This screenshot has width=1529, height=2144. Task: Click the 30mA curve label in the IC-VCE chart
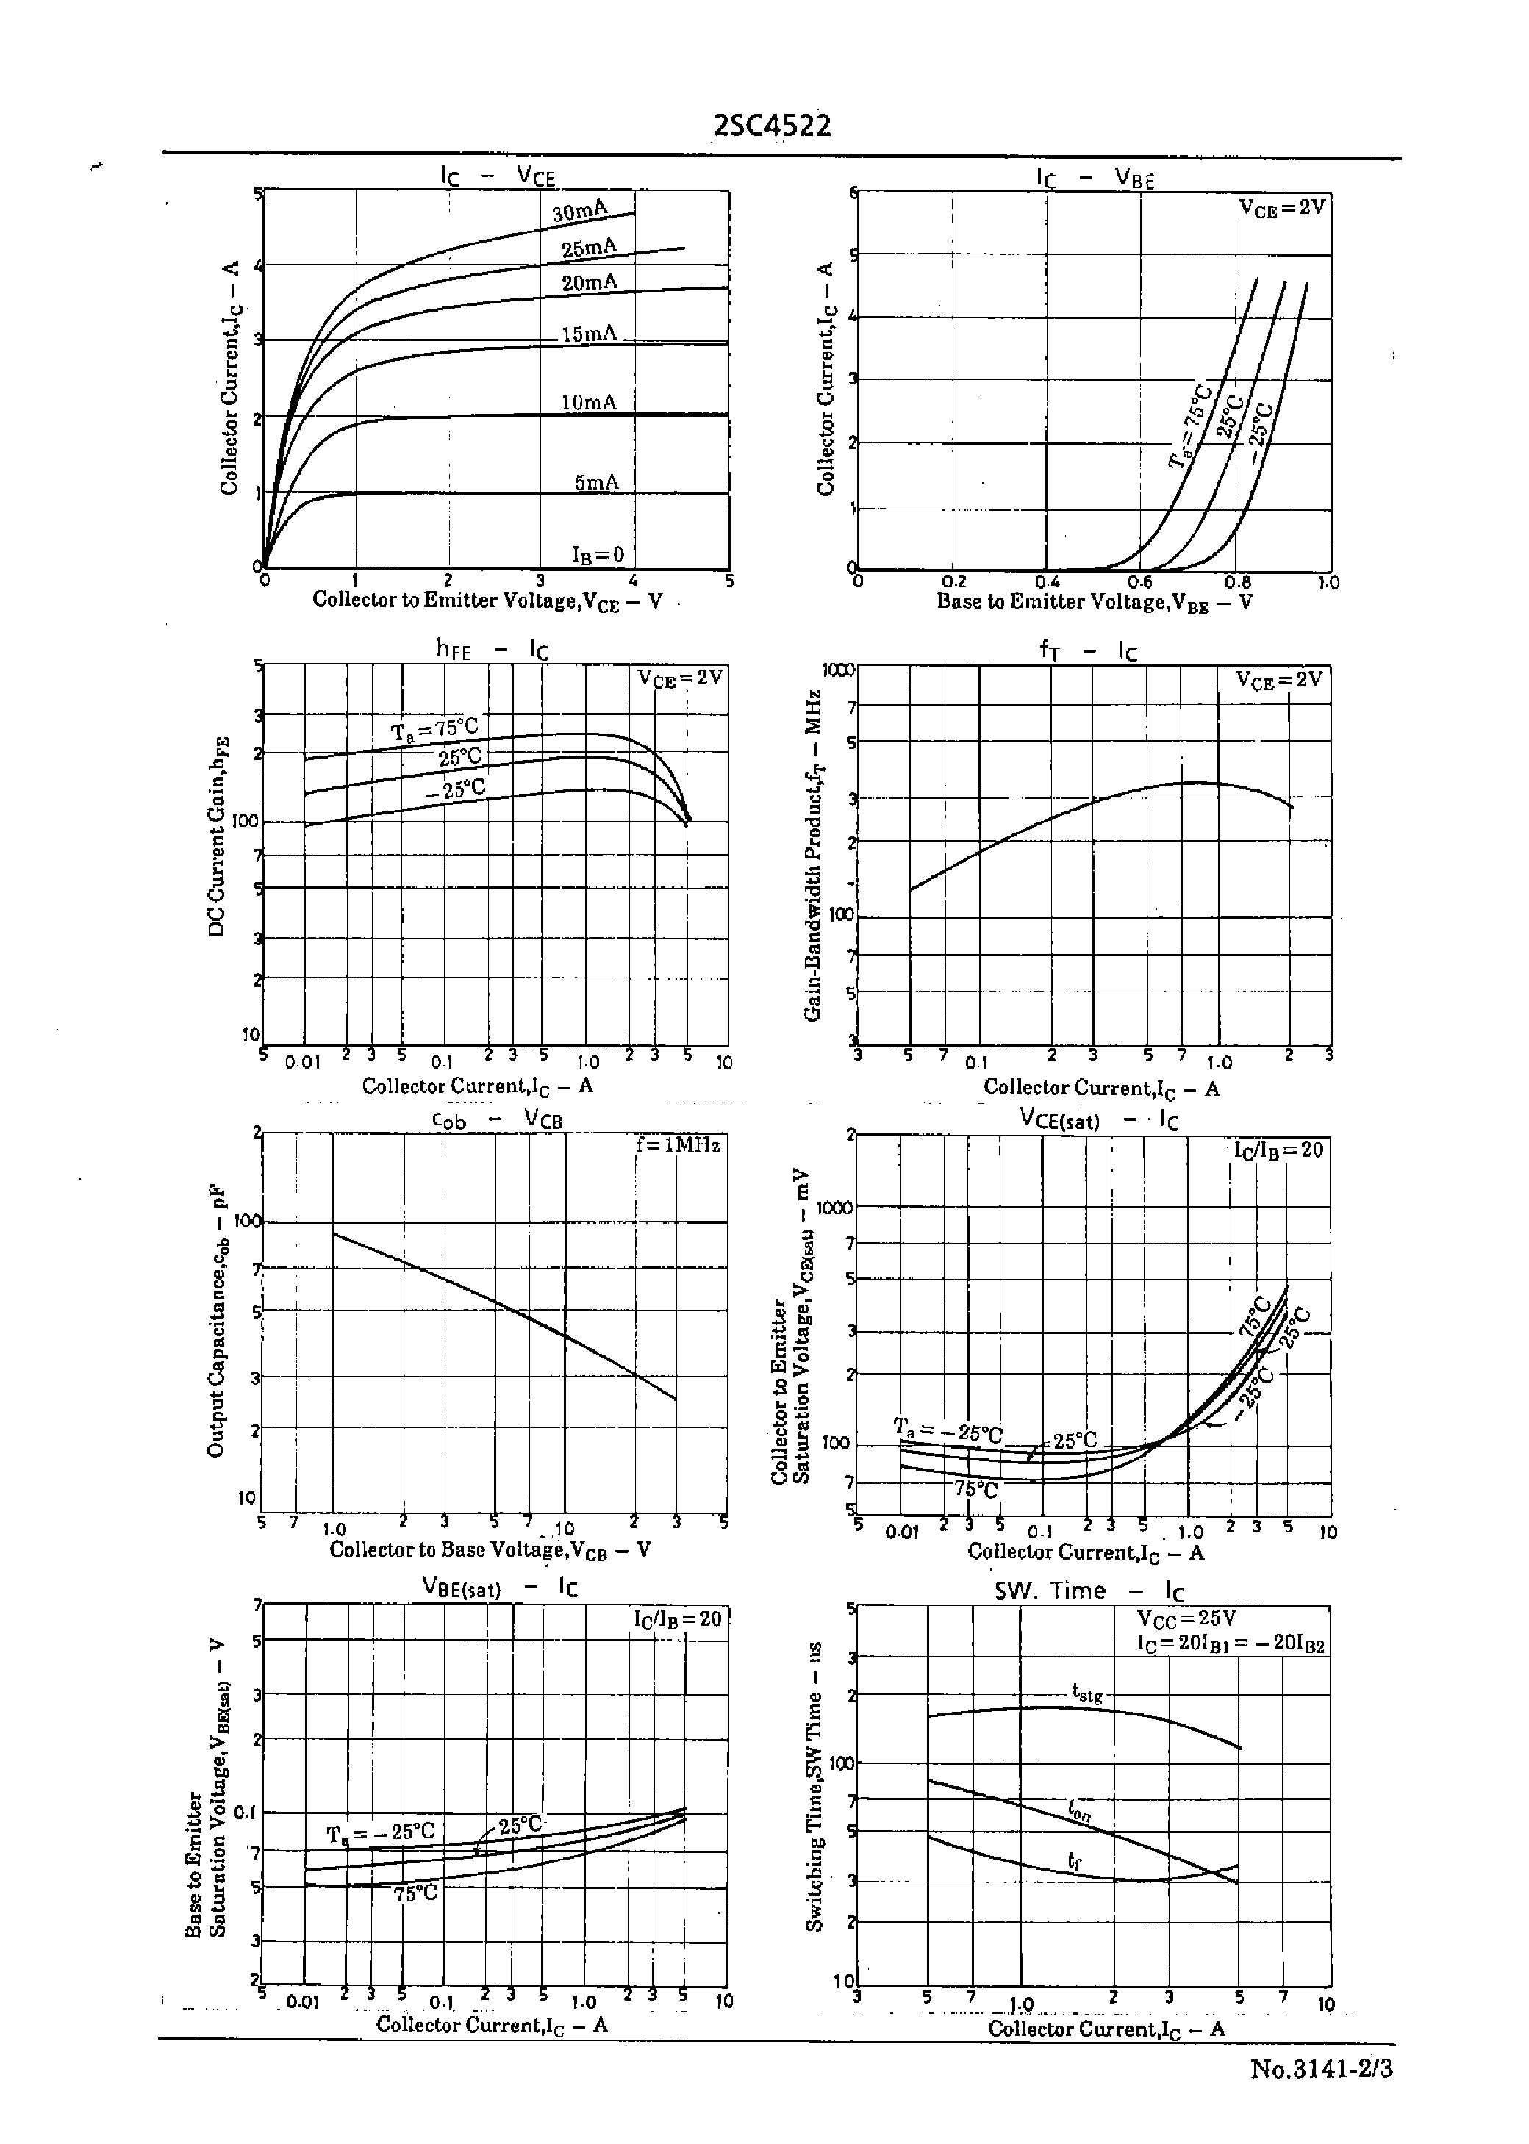[580, 212]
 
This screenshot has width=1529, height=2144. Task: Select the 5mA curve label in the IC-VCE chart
[597, 483]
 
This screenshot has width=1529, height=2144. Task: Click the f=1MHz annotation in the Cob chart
[678, 1145]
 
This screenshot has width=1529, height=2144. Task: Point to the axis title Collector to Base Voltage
[490, 1550]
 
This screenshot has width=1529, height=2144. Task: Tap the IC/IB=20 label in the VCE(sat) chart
[1278, 1150]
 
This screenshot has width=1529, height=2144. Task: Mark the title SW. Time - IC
[1089, 1591]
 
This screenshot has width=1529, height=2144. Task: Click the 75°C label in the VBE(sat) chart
[415, 1893]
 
